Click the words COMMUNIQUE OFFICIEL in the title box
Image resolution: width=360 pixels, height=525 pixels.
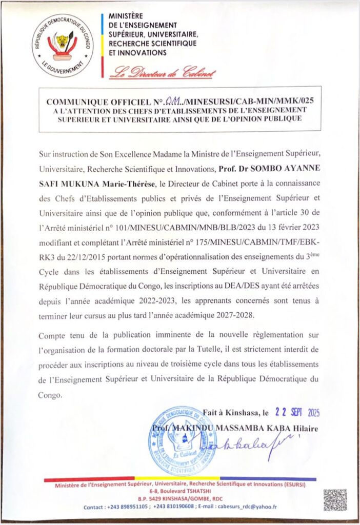[103, 101]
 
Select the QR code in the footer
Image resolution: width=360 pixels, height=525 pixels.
[334, 500]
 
